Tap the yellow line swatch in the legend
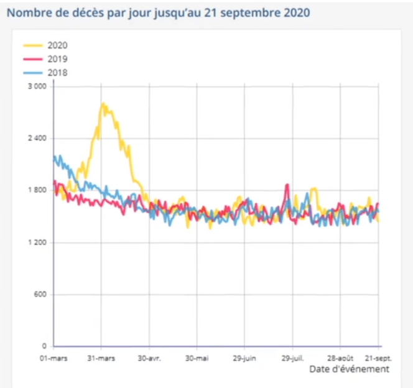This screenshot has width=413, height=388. pyautogui.click(x=32, y=45)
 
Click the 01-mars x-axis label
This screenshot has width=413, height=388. pyautogui.click(x=53, y=359)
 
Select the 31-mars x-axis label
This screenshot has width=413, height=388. pyautogui.click(x=101, y=359)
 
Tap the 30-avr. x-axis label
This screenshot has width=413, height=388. pyautogui.click(x=149, y=359)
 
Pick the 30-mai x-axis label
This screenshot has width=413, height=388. pyautogui.click(x=197, y=359)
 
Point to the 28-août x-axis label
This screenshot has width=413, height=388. pyautogui.click(x=340, y=359)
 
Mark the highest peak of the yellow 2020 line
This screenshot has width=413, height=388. pyautogui.click(x=103, y=103)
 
